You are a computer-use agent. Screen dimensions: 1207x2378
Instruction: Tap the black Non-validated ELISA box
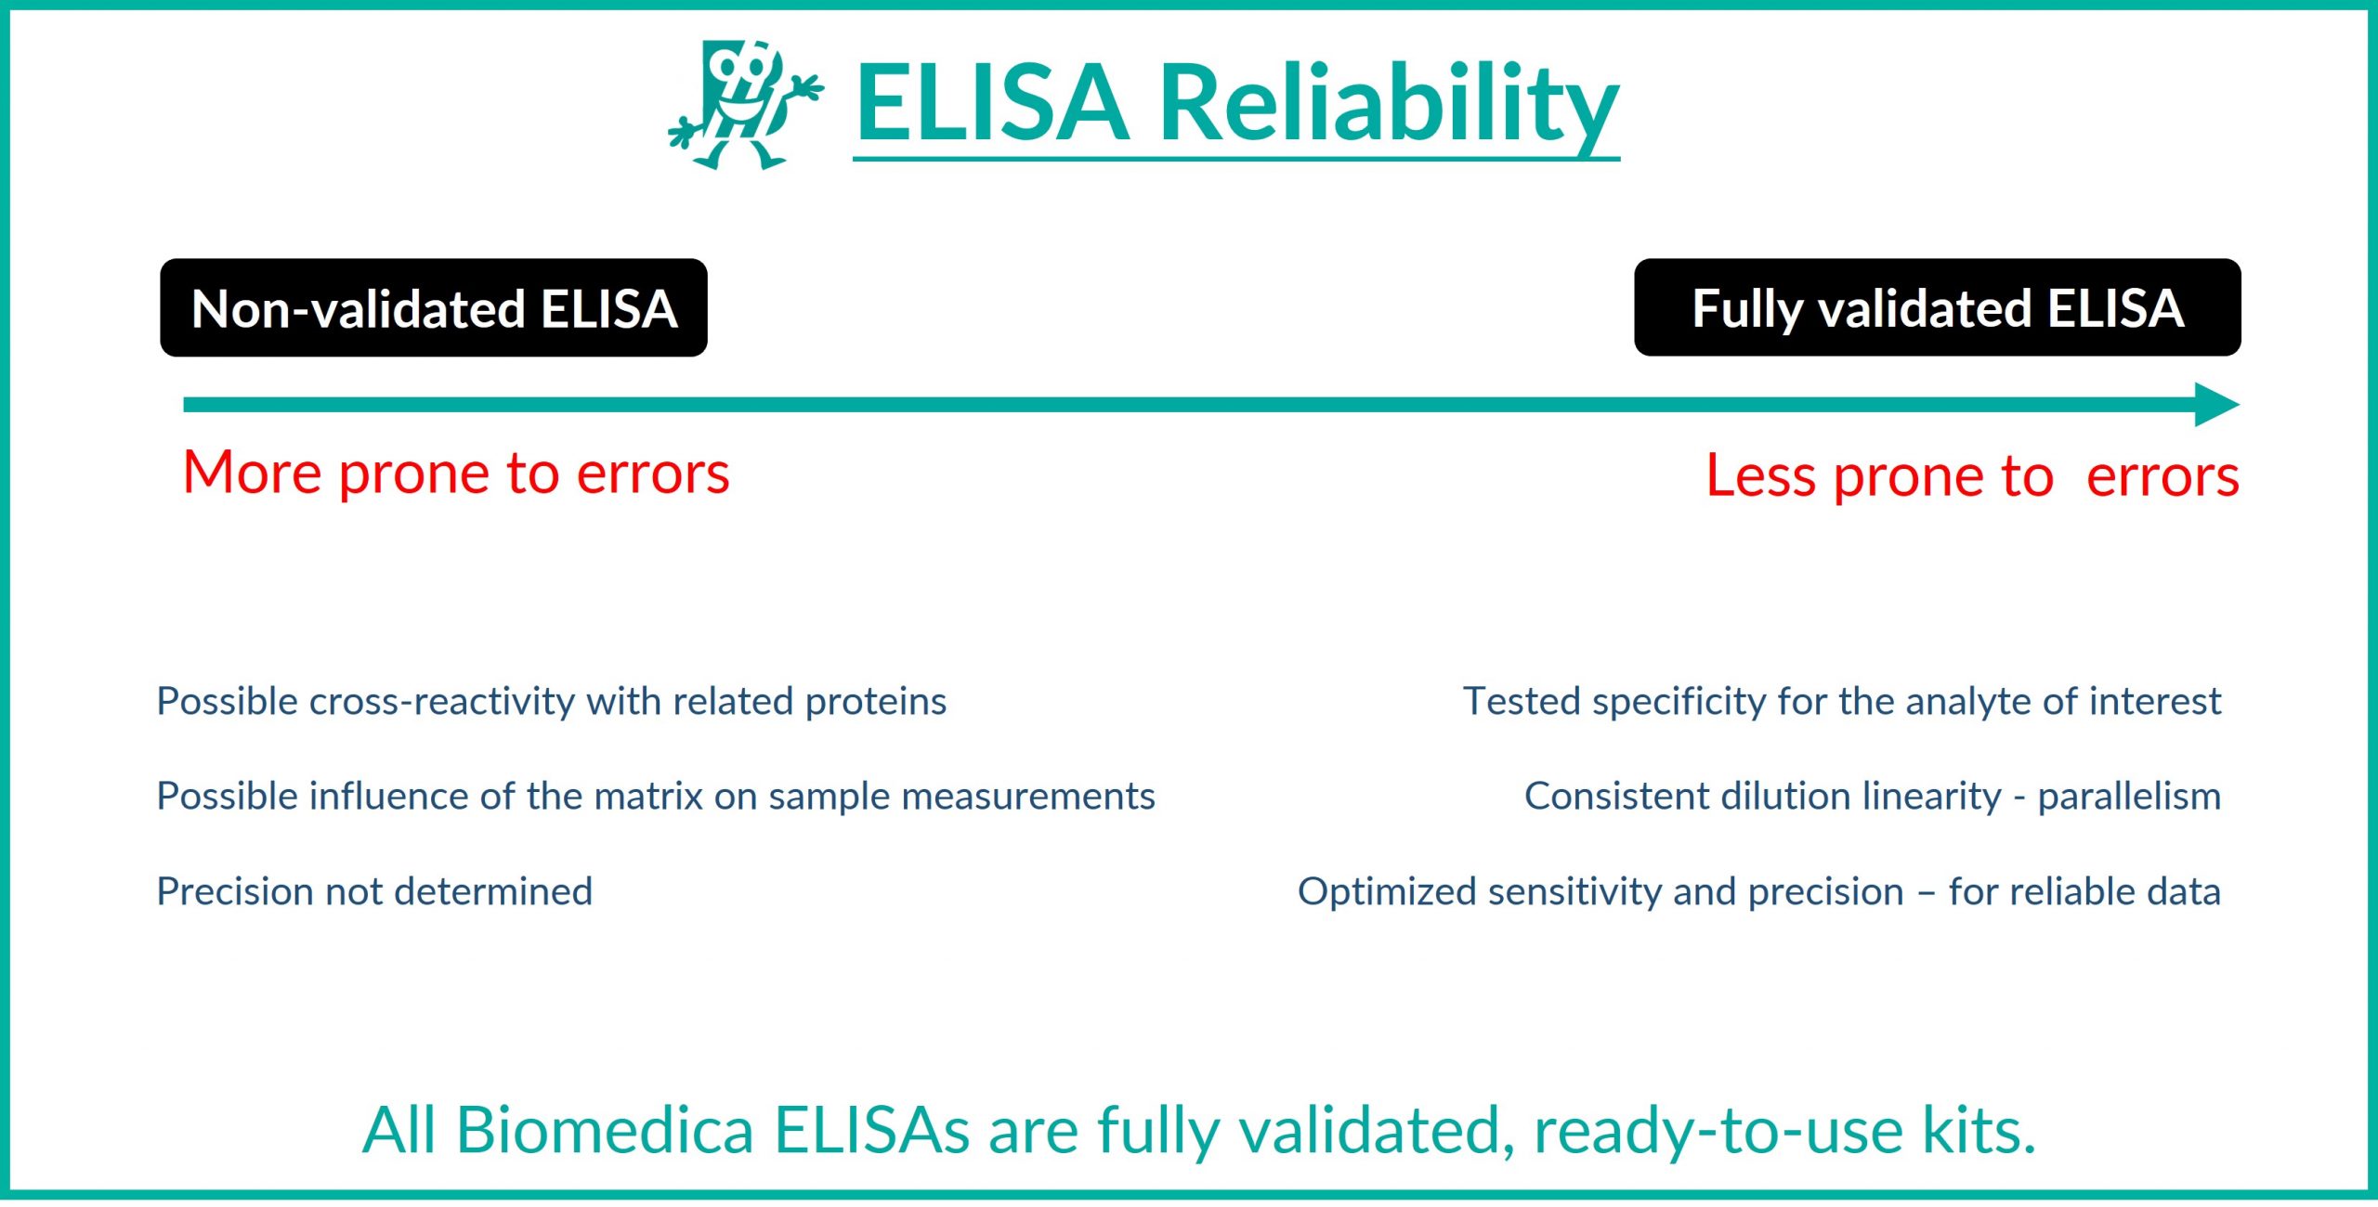[434, 308]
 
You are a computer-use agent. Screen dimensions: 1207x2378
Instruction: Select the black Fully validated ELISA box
[1937, 308]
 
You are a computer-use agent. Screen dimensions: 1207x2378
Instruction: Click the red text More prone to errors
[456, 474]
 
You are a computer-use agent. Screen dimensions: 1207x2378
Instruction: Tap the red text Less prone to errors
[1971, 476]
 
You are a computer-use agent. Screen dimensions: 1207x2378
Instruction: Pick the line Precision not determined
[374, 891]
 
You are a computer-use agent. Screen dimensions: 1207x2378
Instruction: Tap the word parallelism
[2128, 797]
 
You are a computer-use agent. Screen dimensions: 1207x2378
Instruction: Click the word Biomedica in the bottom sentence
[605, 1130]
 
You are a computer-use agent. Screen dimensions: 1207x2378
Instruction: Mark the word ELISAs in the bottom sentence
[872, 1130]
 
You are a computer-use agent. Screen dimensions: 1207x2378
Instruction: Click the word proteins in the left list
[876, 702]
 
